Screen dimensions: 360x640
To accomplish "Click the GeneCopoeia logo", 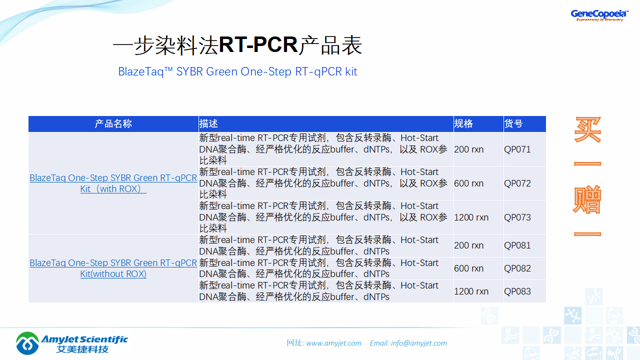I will point(599,15).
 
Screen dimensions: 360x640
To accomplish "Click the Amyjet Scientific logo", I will point(72,342).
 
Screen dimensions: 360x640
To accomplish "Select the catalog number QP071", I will point(517,149).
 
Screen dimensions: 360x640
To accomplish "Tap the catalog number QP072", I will point(517,183).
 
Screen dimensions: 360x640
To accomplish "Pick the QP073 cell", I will point(517,217).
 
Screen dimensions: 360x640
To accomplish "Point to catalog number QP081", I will point(517,245).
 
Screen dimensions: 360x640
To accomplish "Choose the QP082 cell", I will point(517,268).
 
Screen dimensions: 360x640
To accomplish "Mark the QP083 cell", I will point(517,291).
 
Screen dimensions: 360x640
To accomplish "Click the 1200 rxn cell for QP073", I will point(471,217).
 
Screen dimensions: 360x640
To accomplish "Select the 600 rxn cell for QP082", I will point(468,268).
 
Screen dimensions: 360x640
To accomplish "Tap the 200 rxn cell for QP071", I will point(468,149).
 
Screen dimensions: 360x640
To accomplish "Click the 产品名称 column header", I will point(113,124).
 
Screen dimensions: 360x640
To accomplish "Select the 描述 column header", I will point(208,124).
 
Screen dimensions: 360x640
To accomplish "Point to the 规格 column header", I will point(463,124).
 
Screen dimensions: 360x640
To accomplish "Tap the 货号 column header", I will point(513,124).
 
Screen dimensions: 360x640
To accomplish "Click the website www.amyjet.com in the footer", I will point(333,343).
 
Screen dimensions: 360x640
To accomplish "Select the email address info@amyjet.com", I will point(418,343).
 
